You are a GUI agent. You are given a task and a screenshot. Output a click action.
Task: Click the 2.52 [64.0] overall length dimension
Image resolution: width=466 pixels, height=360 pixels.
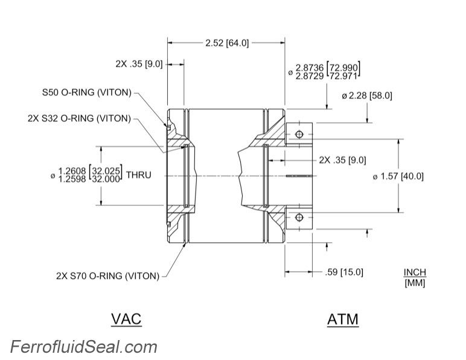tap(227, 43)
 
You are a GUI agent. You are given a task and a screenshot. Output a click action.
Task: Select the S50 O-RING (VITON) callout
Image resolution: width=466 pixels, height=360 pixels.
tap(86, 94)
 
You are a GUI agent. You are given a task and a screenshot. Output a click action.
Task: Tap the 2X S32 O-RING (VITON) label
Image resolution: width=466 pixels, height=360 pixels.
tap(79, 118)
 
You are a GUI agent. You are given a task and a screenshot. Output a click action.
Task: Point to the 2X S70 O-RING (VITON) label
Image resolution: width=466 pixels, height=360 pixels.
tap(107, 277)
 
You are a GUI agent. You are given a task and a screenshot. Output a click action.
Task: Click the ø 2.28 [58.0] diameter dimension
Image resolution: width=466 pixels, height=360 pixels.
tap(366, 95)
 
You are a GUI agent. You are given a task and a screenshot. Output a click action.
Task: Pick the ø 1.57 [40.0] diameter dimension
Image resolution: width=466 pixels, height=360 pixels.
tap(398, 176)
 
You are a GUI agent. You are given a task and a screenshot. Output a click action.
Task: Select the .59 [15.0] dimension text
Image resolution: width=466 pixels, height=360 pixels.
tap(344, 272)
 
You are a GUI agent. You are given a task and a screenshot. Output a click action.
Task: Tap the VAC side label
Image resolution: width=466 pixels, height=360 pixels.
tap(126, 318)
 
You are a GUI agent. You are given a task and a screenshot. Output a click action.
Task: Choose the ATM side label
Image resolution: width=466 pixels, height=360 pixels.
tap(342, 319)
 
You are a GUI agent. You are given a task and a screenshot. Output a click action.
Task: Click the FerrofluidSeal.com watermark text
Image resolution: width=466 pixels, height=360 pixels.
tap(84, 347)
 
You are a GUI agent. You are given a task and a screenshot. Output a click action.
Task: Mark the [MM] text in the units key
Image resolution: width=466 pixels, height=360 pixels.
tap(415, 282)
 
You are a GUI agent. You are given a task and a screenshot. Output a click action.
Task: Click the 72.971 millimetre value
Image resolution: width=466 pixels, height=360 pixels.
tap(345, 76)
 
